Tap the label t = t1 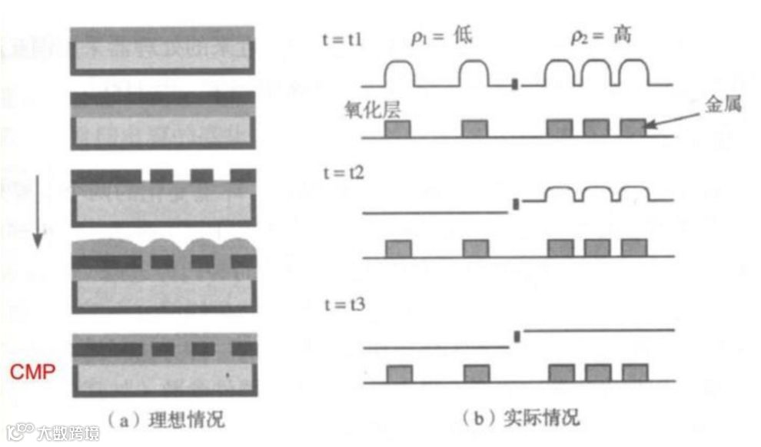(x=344, y=38)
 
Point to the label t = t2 (x=344, y=172)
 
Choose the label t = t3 (x=344, y=306)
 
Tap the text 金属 (x=723, y=105)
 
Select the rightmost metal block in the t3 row (x=633, y=373)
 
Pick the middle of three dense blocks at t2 (x=597, y=248)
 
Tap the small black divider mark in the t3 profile (x=517, y=336)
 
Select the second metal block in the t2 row (x=476, y=248)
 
